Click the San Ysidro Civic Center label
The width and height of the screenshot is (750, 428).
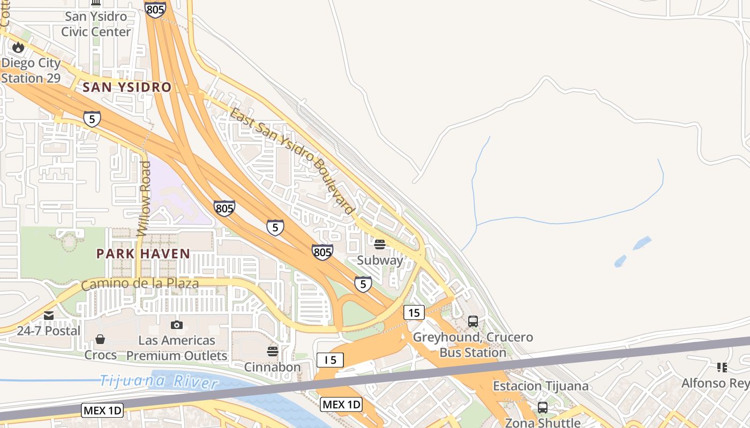pos(96,24)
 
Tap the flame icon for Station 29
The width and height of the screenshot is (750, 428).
pos(18,47)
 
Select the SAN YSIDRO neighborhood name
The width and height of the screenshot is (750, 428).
pos(127,87)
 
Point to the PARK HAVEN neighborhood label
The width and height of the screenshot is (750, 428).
pos(143,254)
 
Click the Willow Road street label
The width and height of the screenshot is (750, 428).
pos(144,198)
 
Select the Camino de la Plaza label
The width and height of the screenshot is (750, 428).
pos(140,284)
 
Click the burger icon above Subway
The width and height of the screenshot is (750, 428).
pos(380,244)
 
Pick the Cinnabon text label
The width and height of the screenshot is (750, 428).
pos(272,368)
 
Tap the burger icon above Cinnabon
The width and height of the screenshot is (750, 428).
pos(273,351)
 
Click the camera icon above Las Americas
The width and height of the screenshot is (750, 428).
pos(176,325)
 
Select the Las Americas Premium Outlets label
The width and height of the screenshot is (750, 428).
pos(177,348)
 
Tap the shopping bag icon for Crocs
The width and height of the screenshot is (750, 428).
pos(100,339)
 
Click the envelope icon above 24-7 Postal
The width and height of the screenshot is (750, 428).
pos(49,316)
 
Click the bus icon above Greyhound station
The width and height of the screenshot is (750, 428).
pos(473,322)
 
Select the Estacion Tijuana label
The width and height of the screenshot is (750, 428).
pos(541,386)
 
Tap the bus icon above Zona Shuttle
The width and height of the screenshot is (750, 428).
pos(543,408)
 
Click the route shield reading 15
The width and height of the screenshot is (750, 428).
pos(414,312)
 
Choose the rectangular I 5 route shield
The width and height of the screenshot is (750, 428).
pos(329,360)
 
